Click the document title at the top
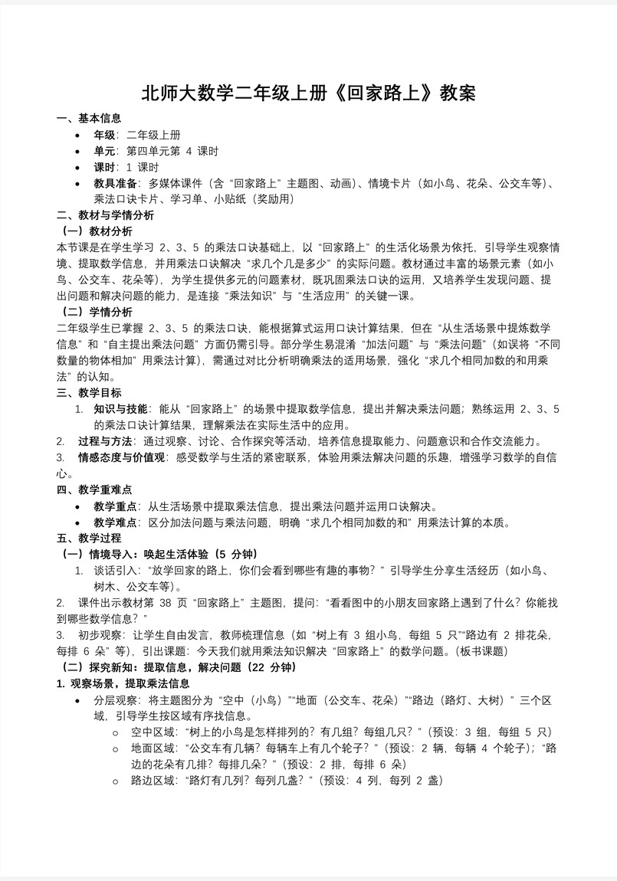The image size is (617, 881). pos(308,93)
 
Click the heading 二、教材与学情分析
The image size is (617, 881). pos(105,215)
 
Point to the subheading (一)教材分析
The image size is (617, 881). pos(97,231)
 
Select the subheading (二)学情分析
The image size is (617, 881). pos(97,312)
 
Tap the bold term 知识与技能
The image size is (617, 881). pos(121,409)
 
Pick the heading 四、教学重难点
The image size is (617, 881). pos(94,490)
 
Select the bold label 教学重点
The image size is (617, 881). pos(115,506)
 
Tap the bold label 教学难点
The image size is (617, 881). pos(115,522)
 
